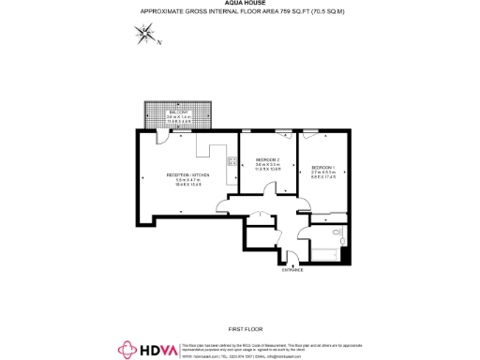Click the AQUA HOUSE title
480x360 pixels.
coord(240,3)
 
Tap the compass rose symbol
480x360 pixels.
coord(145,36)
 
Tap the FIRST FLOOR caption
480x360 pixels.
coord(242,328)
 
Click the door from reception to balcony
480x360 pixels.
coord(162,136)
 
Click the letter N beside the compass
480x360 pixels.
coord(159,42)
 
